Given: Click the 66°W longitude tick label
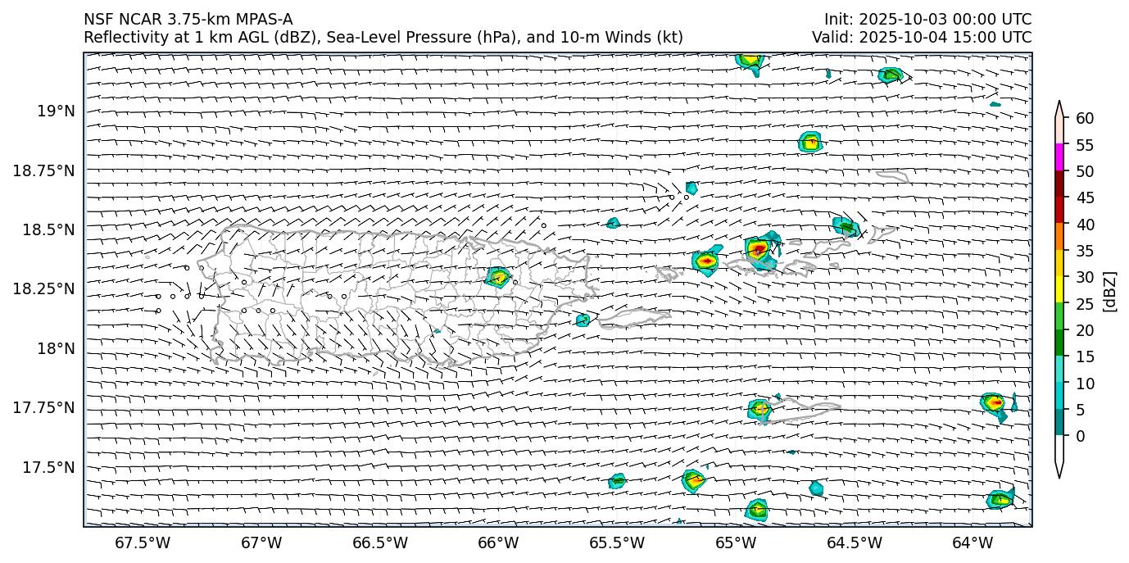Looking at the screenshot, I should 498,543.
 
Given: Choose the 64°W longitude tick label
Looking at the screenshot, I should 973,543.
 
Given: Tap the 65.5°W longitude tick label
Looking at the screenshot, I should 617,543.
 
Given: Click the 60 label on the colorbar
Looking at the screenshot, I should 1085,119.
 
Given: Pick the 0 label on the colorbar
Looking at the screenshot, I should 1080,436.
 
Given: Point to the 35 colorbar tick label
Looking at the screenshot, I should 1085,251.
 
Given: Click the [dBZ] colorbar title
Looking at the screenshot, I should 1111,290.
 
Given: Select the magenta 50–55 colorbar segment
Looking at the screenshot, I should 1059,157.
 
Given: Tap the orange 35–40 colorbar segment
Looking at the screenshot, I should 1059,237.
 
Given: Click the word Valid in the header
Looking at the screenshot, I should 830,37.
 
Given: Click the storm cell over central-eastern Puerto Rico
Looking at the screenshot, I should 498,277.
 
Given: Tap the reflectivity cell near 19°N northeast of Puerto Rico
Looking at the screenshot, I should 810,142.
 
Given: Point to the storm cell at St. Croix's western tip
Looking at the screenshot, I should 760,408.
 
